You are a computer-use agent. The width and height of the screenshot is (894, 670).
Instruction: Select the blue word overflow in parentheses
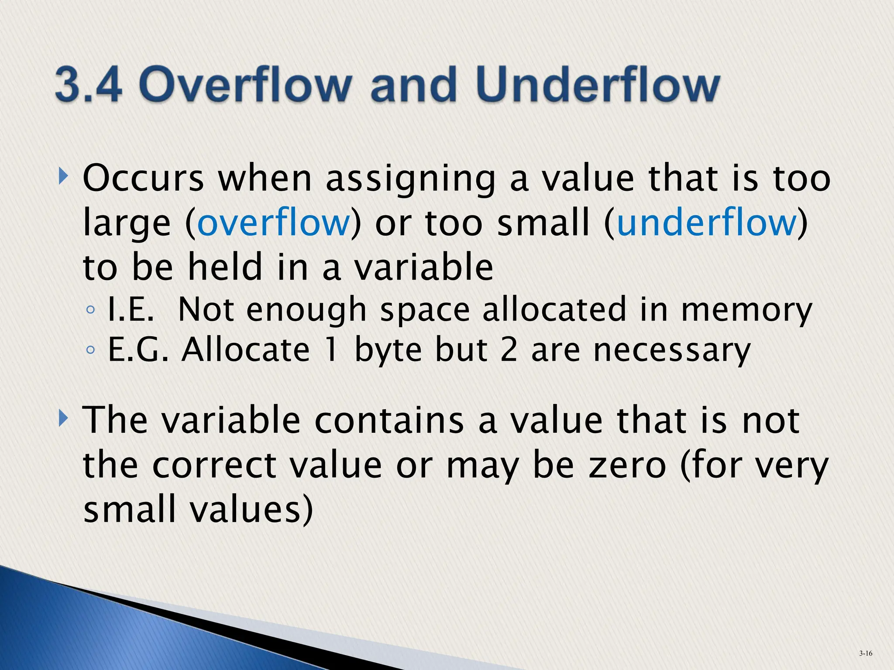(274, 222)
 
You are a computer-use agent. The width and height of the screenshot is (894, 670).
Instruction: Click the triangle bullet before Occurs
(64, 177)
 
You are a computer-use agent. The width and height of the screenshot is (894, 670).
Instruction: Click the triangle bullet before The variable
(64, 419)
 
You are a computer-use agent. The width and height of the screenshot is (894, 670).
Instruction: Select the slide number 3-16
(866, 653)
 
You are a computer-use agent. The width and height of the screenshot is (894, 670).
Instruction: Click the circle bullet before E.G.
(90, 350)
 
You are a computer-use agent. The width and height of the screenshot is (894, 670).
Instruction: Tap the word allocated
(554, 310)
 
